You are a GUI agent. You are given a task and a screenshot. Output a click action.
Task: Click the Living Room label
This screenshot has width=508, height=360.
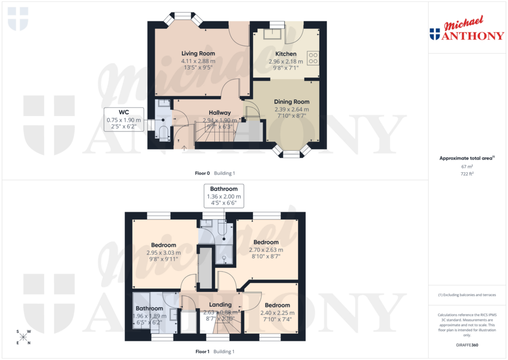point(198,53)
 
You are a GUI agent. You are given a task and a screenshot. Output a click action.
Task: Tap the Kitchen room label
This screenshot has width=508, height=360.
point(286,54)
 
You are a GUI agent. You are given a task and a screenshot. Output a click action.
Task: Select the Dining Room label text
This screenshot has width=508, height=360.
point(292,102)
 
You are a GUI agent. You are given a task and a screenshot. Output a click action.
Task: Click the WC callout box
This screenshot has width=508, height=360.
point(124,120)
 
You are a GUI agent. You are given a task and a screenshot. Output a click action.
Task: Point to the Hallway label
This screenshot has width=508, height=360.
point(219,113)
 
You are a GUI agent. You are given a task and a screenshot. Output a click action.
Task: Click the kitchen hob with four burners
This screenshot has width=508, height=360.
point(313,58)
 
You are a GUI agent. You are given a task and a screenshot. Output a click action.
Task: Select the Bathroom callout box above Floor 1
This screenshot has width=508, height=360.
point(224,196)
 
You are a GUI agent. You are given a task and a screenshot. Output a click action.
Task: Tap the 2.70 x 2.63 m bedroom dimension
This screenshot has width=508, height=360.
point(266,250)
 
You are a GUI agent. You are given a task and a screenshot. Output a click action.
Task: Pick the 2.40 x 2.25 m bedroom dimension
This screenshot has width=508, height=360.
point(277,313)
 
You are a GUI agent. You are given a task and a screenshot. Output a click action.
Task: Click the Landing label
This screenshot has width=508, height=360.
point(220,305)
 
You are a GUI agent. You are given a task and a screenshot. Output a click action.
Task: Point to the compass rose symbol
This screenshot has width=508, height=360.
point(23,338)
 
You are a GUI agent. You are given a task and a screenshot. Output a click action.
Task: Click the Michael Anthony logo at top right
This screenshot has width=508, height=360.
point(466,30)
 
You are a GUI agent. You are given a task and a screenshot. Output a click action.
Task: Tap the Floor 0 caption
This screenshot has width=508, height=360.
point(202,173)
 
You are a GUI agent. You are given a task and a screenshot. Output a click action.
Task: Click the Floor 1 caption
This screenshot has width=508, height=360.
point(202,352)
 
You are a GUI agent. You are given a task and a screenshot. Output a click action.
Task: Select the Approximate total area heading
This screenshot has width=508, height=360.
point(466,158)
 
